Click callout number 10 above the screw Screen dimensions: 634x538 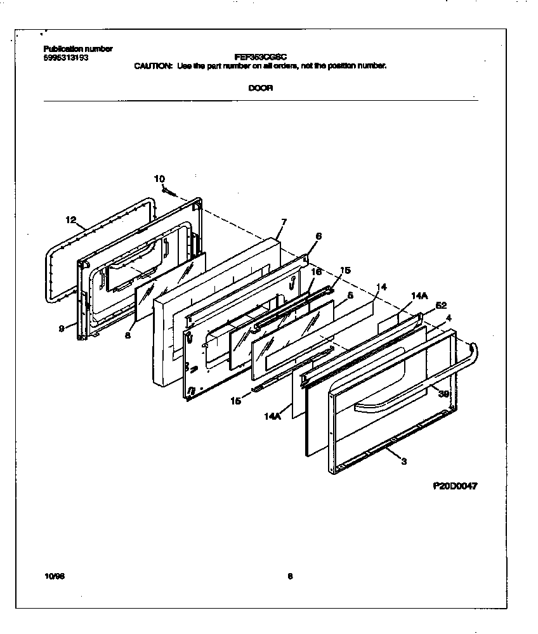coord(159,179)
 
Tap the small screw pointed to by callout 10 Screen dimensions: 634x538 coord(169,190)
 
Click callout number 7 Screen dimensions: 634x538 coord(283,222)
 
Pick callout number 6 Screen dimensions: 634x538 coord(318,236)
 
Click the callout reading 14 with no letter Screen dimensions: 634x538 coord(381,287)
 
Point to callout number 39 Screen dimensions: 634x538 coord(443,393)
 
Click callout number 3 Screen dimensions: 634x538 coord(403,461)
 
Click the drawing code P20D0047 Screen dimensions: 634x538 coord(455,486)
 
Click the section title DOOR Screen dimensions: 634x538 coord(260,88)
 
